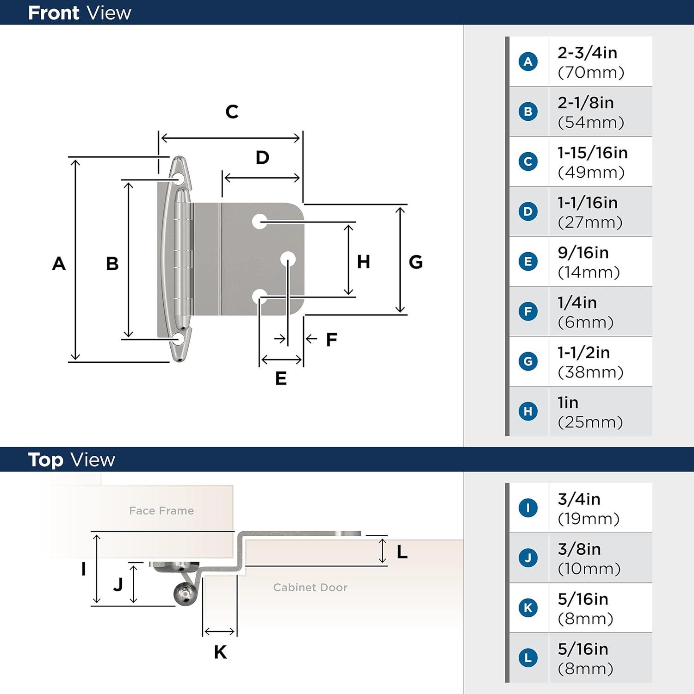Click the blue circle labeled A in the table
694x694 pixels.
coord(528,62)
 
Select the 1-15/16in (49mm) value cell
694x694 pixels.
coord(592,162)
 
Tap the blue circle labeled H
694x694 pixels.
coord(528,411)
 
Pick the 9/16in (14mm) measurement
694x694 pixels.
coord(589,262)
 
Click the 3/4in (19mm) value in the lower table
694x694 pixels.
coord(588,508)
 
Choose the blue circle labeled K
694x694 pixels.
coord(528,607)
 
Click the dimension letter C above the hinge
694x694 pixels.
coord(232,112)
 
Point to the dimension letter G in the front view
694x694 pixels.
coord(415,262)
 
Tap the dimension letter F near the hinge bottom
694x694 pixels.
coord(331,340)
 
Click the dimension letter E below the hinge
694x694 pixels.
coord(281,378)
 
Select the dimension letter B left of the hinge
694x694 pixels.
coord(112,264)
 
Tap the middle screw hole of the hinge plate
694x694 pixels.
coord(288,259)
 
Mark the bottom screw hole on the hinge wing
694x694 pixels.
coord(179,339)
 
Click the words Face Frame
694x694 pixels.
coord(161,511)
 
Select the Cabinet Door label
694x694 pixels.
coord(310,588)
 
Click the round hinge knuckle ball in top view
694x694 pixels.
coord(186,594)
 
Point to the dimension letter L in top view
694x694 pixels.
coord(402,551)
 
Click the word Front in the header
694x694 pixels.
coord(54,13)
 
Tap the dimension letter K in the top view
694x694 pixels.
coord(220,652)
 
